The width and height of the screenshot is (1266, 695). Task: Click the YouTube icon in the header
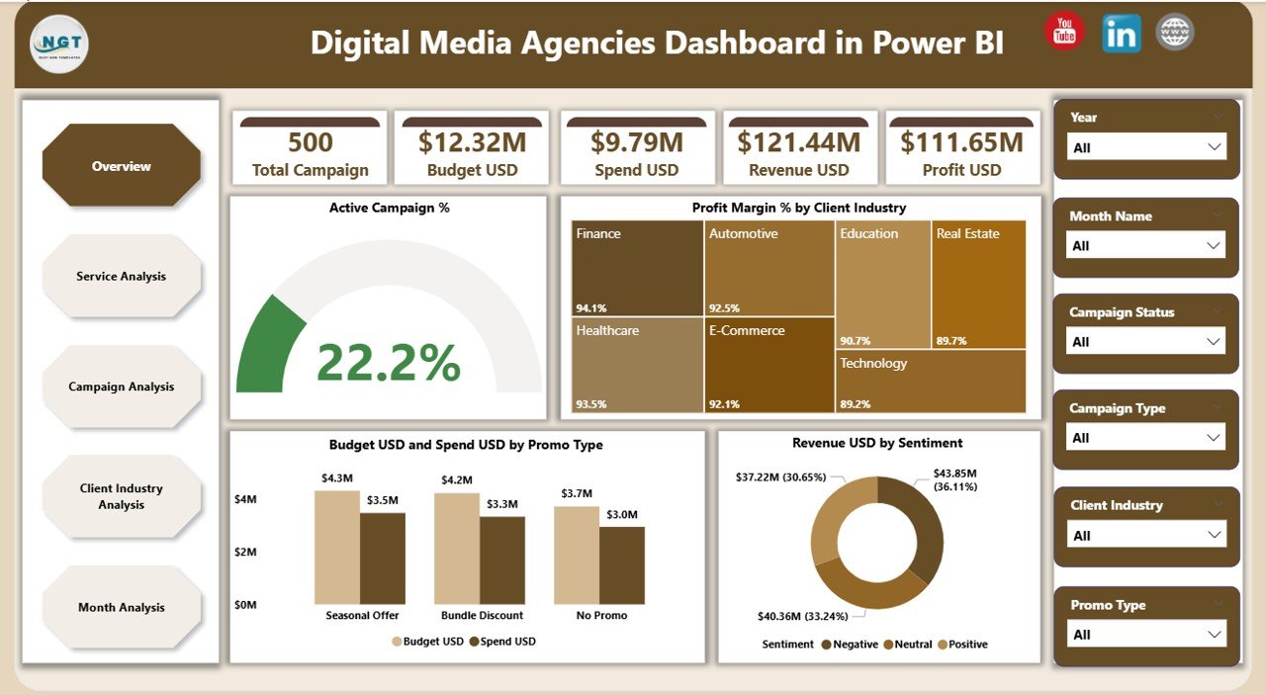[x=1064, y=32]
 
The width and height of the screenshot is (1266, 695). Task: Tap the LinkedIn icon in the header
[x=1121, y=34]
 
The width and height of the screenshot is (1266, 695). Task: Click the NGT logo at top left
[x=59, y=43]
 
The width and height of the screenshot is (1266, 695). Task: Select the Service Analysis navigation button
[x=122, y=277]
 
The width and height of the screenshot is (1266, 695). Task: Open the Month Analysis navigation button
[x=122, y=607]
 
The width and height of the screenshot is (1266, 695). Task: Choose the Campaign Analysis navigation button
[x=122, y=387]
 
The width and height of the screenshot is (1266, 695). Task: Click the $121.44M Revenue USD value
[x=799, y=142]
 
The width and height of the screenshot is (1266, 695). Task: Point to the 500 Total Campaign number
[x=310, y=142]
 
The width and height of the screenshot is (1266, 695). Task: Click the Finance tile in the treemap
[x=638, y=268]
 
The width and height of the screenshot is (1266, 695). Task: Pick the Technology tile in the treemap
[x=930, y=381]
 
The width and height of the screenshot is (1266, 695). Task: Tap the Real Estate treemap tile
[x=978, y=284]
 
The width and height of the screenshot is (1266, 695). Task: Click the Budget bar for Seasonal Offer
[x=337, y=548]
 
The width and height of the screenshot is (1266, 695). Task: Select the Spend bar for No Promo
[x=622, y=565]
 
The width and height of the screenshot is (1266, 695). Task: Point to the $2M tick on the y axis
[x=245, y=552]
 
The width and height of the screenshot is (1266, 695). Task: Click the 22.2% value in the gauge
[x=389, y=363]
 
